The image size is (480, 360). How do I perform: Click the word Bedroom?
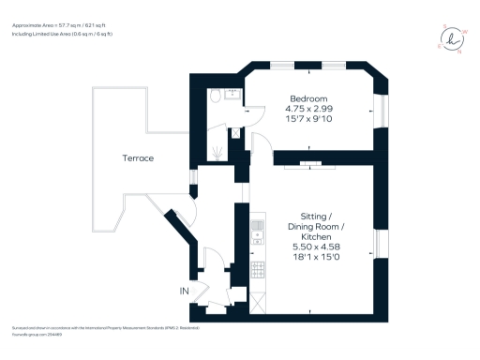[307, 98]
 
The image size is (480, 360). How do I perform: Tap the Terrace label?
[138, 158]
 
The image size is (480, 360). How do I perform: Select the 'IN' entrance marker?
[185, 292]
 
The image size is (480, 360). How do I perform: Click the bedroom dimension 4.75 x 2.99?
[307, 109]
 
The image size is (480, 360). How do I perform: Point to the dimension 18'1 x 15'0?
[315, 256]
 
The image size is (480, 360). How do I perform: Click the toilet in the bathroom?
[215, 95]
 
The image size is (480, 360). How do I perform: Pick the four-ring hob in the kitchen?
[257, 270]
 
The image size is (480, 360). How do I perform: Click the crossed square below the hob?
[257, 303]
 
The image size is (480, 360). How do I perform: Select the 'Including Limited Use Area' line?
[62, 34]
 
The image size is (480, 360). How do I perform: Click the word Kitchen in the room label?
[315, 236]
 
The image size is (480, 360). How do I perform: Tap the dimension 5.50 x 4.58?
[315, 246]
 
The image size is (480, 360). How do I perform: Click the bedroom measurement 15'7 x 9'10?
[307, 119]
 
